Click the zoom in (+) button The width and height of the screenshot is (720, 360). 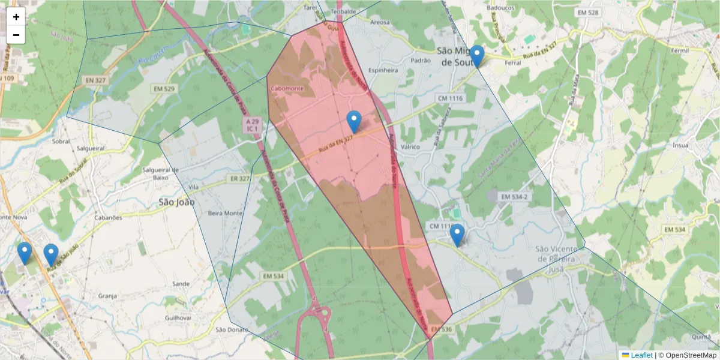click(16, 17)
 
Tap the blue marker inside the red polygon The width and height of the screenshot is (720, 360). click(355, 122)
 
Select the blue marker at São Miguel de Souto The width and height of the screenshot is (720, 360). click(477, 56)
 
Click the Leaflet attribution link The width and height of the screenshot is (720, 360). click(641, 355)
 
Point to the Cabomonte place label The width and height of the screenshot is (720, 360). click(287, 89)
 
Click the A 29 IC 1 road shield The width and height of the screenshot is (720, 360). click(251, 125)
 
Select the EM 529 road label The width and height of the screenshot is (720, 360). click(163, 89)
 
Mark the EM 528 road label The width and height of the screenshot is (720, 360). click(587, 13)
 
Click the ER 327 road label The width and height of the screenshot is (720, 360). click(239, 178)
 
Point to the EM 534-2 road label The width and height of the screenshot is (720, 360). click(515, 197)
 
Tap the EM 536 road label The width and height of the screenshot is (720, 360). click(441, 329)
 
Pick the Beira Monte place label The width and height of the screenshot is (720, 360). click(225, 213)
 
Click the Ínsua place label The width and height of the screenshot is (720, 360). click(680, 145)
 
